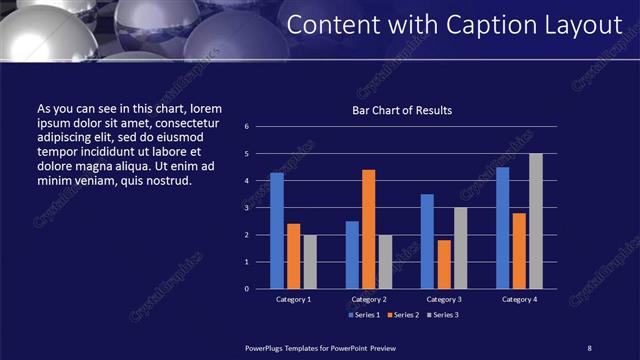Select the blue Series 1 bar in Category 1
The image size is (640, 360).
(277, 230)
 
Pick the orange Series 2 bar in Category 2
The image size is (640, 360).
(368, 228)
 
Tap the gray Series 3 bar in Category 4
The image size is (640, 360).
(536, 220)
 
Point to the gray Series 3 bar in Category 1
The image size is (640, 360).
(309, 261)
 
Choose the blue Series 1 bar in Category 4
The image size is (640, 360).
(502, 227)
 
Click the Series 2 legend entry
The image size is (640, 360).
(402, 315)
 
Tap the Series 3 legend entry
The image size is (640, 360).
(443, 315)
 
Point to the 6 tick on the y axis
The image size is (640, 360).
(247, 127)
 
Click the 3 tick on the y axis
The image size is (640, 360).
(247, 208)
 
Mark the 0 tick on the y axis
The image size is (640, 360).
(247, 289)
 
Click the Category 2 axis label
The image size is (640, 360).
(369, 299)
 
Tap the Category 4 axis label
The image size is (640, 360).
(519, 299)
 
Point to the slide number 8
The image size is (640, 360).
(589, 347)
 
